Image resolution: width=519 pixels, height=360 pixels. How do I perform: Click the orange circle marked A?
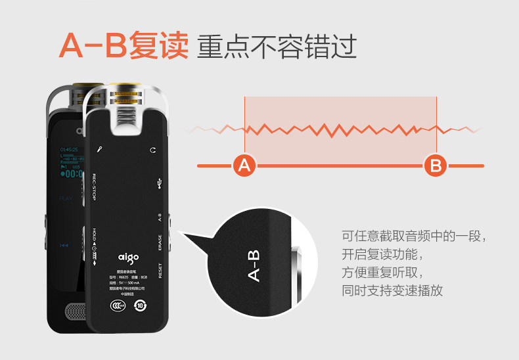pyautogui.click(x=244, y=166)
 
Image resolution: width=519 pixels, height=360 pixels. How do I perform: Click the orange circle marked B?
pyautogui.click(x=435, y=166)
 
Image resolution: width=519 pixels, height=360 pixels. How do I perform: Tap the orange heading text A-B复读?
pyautogui.click(x=124, y=46)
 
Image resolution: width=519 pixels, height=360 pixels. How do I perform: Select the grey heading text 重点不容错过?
pyautogui.click(x=277, y=47)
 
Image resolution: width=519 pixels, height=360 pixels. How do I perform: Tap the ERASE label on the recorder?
pyautogui.click(x=160, y=242)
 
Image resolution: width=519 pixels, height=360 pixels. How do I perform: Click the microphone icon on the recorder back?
pyautogui.click(x=99, y=149)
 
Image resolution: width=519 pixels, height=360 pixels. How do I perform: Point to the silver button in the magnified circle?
pyautogui.click(x=297, y=269)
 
